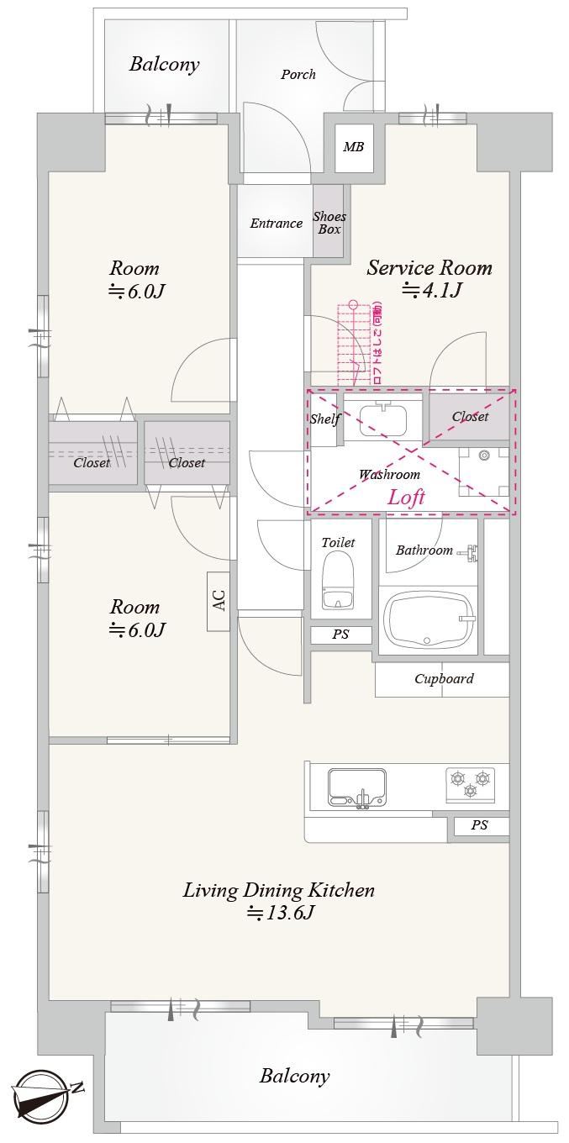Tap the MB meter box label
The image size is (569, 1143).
353,147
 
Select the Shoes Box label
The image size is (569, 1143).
329,223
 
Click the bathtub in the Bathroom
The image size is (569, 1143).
429,620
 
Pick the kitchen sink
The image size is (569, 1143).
356,787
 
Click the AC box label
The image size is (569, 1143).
219,601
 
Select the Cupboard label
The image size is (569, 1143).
444,679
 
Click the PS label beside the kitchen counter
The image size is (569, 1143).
479,825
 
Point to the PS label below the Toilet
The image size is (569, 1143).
340,635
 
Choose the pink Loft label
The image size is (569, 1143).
406,497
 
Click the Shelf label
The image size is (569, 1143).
325,419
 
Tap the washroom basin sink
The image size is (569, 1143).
383,419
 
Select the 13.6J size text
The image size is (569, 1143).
280,913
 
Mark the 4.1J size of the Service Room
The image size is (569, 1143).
432,290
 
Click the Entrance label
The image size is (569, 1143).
276,224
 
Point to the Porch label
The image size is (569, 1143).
298,75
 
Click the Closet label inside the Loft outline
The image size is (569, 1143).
470,416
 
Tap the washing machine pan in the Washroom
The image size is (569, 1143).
483,472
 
